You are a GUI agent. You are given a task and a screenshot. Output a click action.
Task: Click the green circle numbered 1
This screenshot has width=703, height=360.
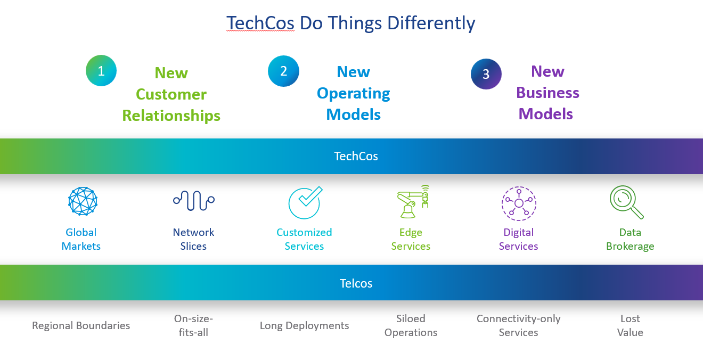(x=101, y=71)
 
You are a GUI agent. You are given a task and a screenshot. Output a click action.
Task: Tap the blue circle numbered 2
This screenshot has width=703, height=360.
(x=283, y=71)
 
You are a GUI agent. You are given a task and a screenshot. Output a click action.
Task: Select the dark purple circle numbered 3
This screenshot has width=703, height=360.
(x=486, y=74)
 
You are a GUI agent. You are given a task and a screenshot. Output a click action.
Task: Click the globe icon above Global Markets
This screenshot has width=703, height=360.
(x=83, y=201)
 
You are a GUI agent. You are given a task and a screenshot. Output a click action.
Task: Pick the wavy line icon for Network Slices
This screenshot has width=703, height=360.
(x=194, y=201)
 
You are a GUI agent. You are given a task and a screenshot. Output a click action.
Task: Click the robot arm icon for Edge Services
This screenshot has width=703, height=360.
(x=413, y=201)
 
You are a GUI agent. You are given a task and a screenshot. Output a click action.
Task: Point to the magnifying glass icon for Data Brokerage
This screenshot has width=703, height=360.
(x=626, y=202)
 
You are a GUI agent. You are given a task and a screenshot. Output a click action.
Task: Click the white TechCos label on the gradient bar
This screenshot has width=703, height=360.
(x=356, y=157)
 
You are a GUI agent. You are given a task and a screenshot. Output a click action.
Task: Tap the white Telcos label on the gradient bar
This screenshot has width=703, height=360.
(x=356, y=283)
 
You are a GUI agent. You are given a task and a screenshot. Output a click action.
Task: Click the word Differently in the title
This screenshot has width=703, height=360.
(x=431, y=23)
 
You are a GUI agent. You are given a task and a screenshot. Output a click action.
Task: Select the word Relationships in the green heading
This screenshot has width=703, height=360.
(x=171, y=116)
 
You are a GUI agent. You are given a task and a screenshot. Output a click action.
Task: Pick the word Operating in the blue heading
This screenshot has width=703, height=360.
(x=354, y=94)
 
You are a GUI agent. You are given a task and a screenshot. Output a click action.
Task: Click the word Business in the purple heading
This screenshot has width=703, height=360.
(x=547, y=93)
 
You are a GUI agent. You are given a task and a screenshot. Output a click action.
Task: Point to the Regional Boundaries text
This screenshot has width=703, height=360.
(x=81, y=326)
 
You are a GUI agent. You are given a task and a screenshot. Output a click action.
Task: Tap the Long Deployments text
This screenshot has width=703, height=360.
(x=305, y=326)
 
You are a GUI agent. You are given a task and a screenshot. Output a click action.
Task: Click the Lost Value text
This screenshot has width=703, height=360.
(x=630, y=325)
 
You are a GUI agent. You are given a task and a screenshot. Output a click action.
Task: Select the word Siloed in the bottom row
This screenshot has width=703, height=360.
(x=411, y=318)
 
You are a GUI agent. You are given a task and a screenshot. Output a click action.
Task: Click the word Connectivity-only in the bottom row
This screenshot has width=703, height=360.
(x=519, y=319)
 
